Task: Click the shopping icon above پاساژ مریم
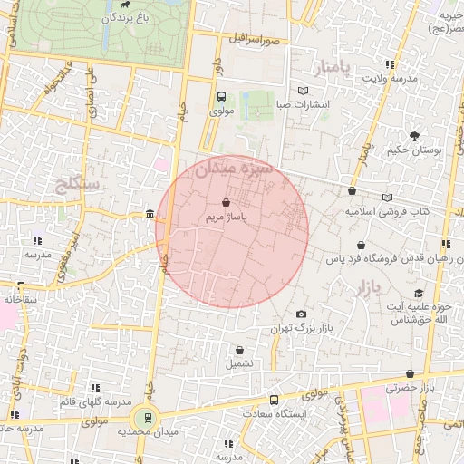225,201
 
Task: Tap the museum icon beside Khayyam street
150,215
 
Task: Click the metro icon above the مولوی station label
221,97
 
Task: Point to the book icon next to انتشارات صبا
303,90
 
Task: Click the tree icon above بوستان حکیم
414,136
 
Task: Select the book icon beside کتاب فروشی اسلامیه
388,197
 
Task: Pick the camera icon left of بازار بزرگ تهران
302,314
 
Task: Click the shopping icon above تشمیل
239,349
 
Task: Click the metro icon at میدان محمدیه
142,419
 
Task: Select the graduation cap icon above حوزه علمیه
419,293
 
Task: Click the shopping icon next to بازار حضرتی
411,373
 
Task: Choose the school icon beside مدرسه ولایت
390,64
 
